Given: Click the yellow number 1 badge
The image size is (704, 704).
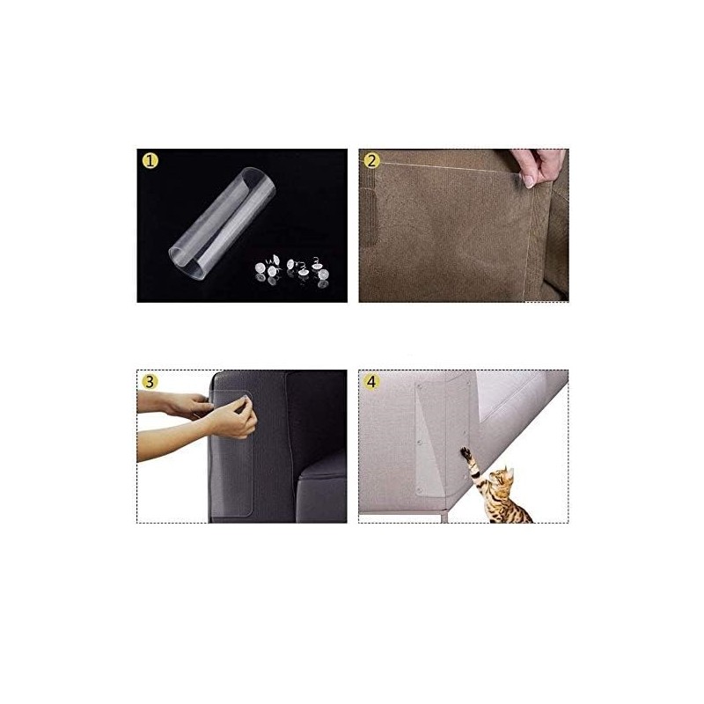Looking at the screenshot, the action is pyautogui.click(x=150, y=160).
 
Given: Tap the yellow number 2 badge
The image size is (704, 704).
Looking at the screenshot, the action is pyautogui.click(x=371, y=160).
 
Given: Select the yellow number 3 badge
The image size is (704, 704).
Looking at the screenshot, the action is pyautogui.click(x=150, y=382).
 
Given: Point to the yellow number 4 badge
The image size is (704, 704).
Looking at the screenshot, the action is pyautogui.click(x=371, y=382).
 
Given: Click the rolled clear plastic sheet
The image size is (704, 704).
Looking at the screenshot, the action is pyautogui.click(x=222, y=224).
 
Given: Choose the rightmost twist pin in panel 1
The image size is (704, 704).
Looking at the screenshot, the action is pyautogui.click(x=320, y=273).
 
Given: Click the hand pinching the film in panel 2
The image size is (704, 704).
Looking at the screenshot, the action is pyautogui.click(x=537, y=166).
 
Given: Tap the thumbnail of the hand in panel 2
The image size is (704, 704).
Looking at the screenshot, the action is pyautogui.click(x=529, y=180).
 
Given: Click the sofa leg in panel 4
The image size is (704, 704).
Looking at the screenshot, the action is pyautogui.click(x=444, y=516).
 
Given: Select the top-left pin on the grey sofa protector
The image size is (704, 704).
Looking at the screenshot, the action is pyautogui.click(x=420, y=386).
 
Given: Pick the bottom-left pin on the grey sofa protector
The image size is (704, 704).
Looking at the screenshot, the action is pyautogui.click(x=420, y=489).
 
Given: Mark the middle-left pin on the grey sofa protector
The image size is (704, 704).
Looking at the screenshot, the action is pyautogui.click(x=420, y=443).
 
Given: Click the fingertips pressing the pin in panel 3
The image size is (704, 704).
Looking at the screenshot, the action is pyautogui.click(x=246, y=403).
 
